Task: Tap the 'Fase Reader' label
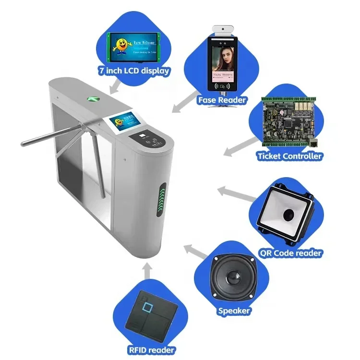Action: coord(221,100)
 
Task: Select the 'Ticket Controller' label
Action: coord(289,156)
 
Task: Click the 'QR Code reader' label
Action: coord(290,253)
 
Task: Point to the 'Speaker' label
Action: coord(234,311)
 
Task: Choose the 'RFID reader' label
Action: coord(151,350)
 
